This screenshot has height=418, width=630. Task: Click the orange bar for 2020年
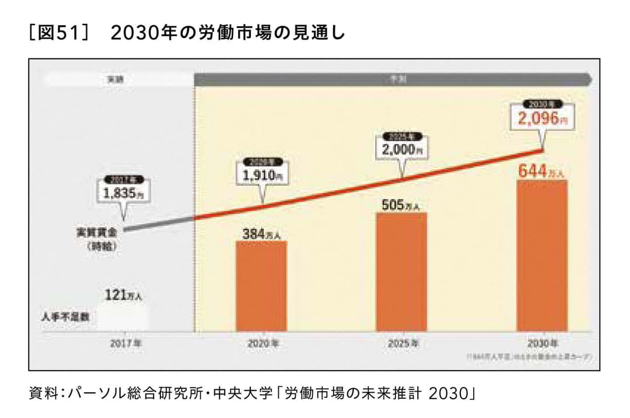coord(261,286)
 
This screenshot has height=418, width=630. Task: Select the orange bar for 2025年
coord(401,272)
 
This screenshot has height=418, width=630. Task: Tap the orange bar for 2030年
coord(542,256)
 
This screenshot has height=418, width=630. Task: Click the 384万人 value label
coord(261,234)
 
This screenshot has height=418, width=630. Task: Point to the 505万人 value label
coord(401,205)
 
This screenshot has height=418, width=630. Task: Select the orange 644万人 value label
coord(542,172)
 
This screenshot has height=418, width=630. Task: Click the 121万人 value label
coord(123,296)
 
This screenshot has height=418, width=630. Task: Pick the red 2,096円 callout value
coord(542,119)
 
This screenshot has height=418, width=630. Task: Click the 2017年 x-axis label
coord(125,344)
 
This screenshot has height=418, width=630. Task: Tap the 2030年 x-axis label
coord(542,344)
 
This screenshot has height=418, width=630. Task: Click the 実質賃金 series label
coord(97,232)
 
